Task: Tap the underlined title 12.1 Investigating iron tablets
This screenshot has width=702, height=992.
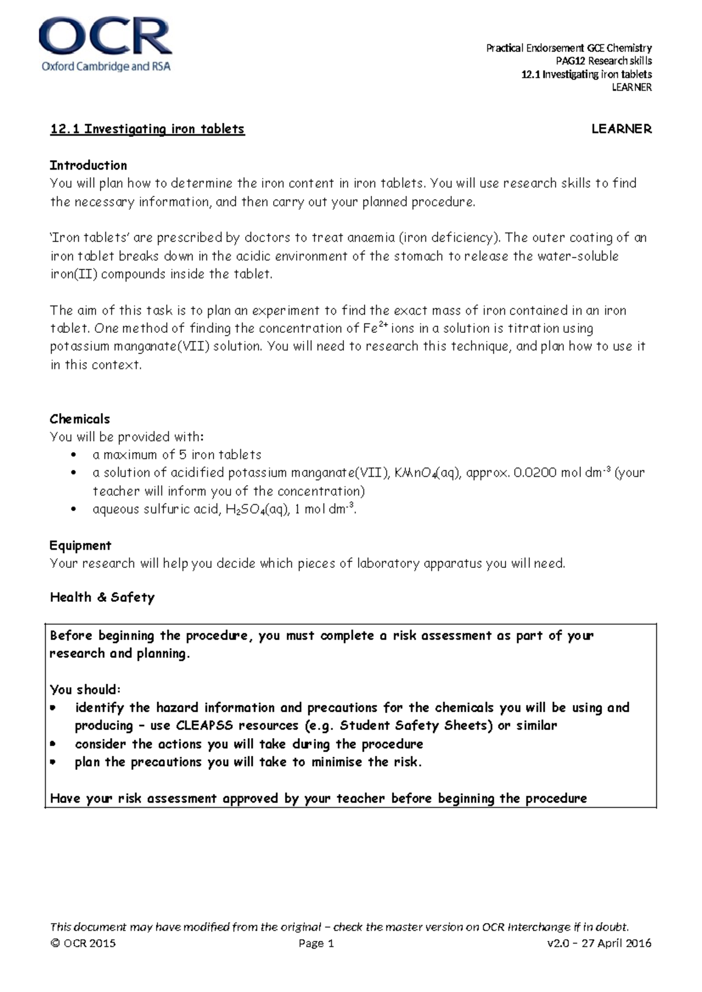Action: [x=147, y=129]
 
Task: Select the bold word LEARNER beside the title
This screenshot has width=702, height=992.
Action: [x=621, y=129]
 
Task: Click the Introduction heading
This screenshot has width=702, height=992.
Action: [x=88, y=166]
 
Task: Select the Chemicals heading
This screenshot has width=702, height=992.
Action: [x=80, y=419]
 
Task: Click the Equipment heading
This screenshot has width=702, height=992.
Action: [x=80, y=546]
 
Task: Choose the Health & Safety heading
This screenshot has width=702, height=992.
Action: [x=102, y=597]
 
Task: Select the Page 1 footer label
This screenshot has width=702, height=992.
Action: [x=316, y=943]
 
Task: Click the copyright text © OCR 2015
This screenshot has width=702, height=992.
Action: [x=83, y=943]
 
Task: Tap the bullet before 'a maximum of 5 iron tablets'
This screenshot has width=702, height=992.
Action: [x=73, y=455]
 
